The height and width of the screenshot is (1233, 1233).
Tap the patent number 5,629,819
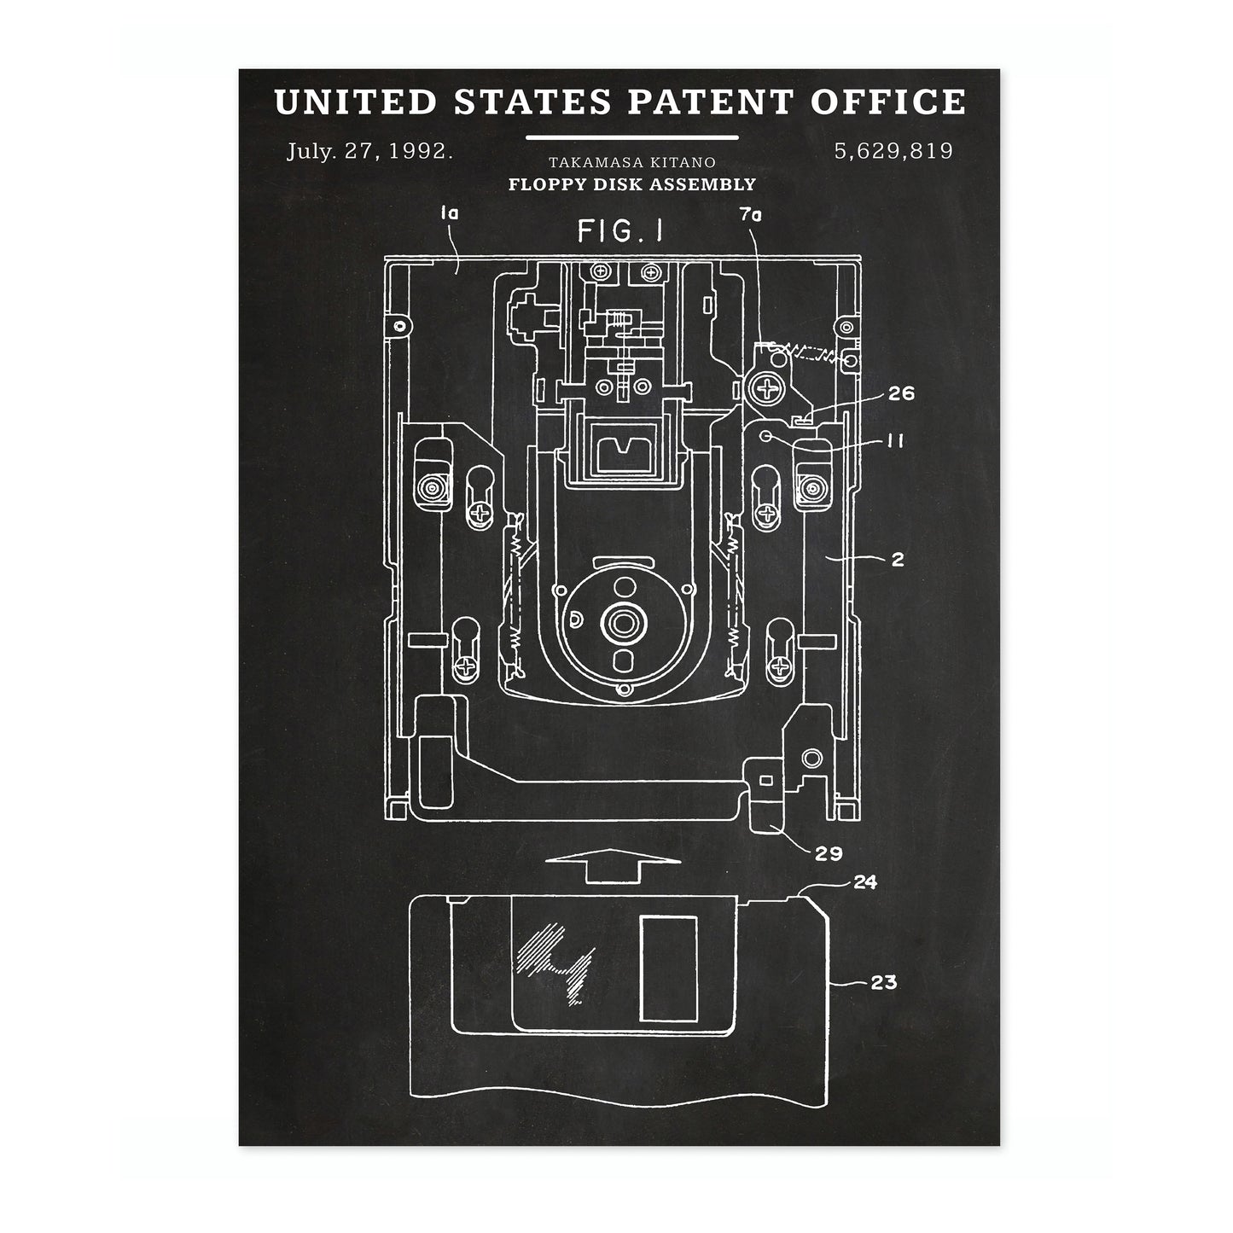tap(893, 152)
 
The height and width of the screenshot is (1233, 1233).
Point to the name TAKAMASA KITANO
tap(632, 162)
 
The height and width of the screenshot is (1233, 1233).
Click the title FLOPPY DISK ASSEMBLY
tap(632, 183)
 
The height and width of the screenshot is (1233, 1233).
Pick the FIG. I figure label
tap(620, 231)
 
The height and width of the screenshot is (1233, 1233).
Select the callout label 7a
tap(751, 215)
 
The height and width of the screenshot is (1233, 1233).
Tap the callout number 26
tap(901, 393)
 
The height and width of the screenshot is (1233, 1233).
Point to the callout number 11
tap(895, 440)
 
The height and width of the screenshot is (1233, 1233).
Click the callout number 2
tap(897, 560)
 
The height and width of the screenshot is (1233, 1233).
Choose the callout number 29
tap(829, 852)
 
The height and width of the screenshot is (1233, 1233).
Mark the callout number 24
tap(864, 882)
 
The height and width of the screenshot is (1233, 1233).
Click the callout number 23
tap(883, 983)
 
